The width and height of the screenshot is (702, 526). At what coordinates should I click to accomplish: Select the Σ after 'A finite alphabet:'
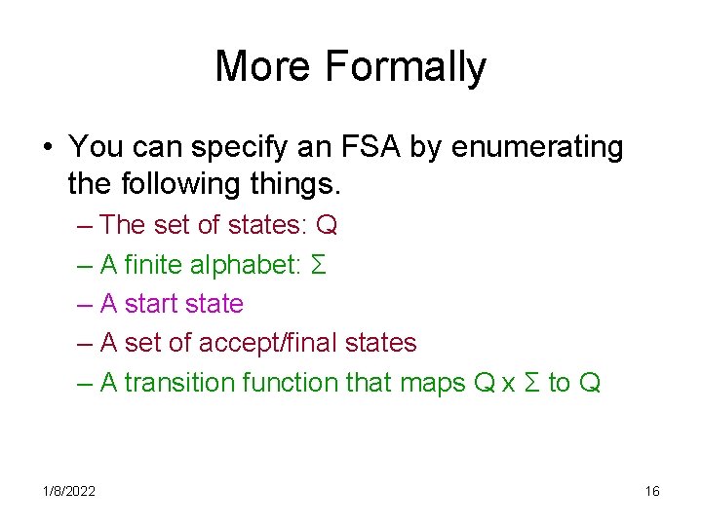click(317, 265)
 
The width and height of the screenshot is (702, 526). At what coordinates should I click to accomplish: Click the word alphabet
click(251, 265)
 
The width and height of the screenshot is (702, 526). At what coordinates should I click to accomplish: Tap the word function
click(291, 383)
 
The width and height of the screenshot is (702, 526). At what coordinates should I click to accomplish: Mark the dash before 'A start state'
click(85, 304)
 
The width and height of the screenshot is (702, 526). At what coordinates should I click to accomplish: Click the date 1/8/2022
click(68, 492)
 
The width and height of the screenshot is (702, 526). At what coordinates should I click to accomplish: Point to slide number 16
click(652, 492)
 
